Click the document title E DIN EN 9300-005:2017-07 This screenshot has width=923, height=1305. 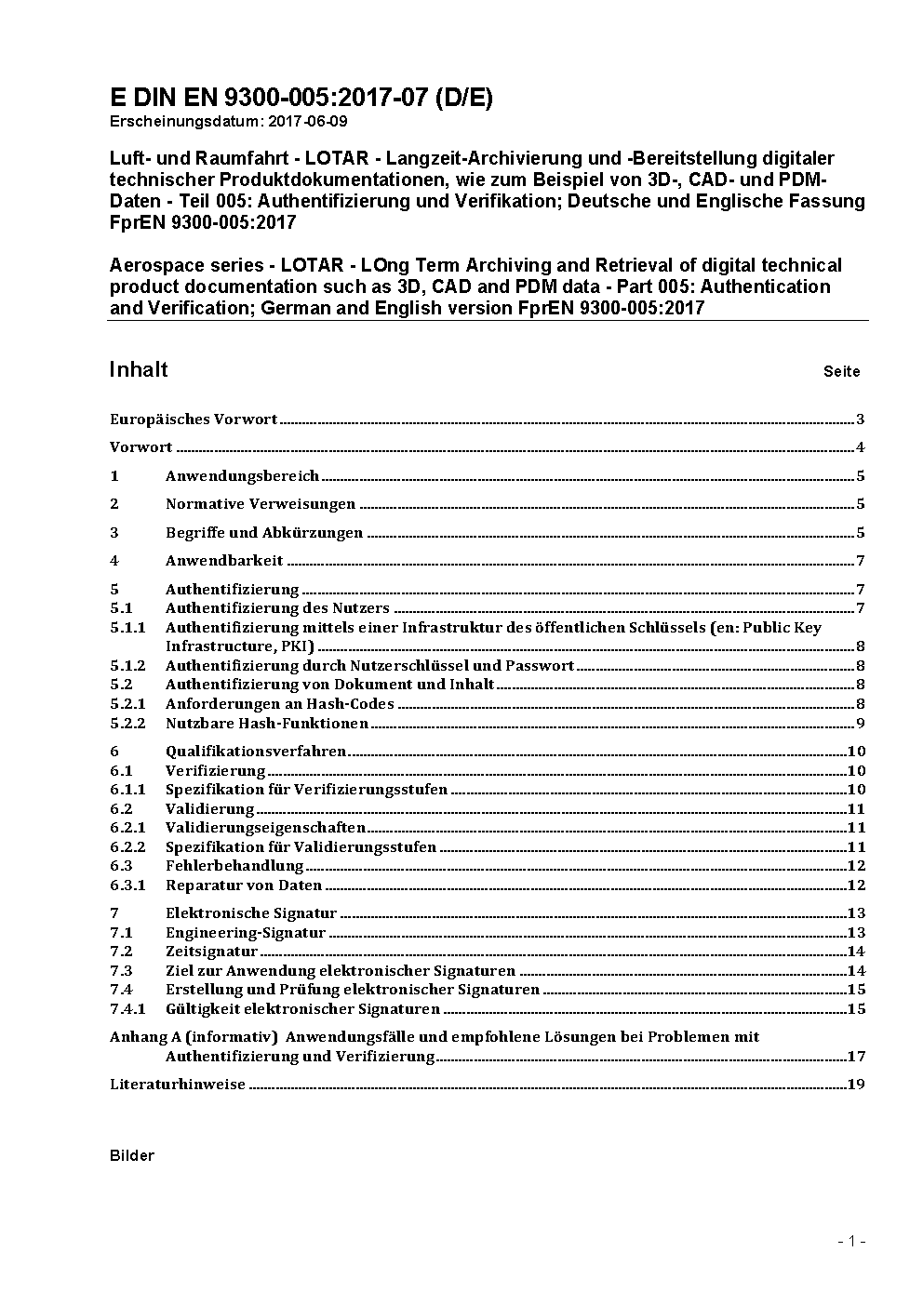tap(301, 98)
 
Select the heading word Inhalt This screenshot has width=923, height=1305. tap(139, 369)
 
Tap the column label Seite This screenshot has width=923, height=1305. tap(841, 372)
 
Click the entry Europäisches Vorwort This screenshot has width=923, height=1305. tap(194, 419)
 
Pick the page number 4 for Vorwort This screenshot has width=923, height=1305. tap(861, 447)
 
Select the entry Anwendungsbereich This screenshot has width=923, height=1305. tap(242, 476)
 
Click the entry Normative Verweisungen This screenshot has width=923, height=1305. tap(261, 504)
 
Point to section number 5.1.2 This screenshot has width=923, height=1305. tap(127, 666)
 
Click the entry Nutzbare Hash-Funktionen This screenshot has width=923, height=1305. tap(267, 724)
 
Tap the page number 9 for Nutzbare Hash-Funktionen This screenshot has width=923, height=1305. tap(861, 724)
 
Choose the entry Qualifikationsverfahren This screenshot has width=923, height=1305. tap(256, 752)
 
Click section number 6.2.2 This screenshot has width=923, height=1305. tap(127, 847)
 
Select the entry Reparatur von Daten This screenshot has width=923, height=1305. tap(244, 886)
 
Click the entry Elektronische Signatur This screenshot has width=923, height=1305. tap(251, 913)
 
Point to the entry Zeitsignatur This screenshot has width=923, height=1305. tap(211, 952)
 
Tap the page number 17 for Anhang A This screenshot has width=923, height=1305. tap(856, 1057)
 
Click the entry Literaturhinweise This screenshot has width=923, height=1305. tap(178, 1085)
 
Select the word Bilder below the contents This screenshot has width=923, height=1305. tap(132, 1156)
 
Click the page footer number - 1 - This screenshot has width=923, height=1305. tap(851, 1241)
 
